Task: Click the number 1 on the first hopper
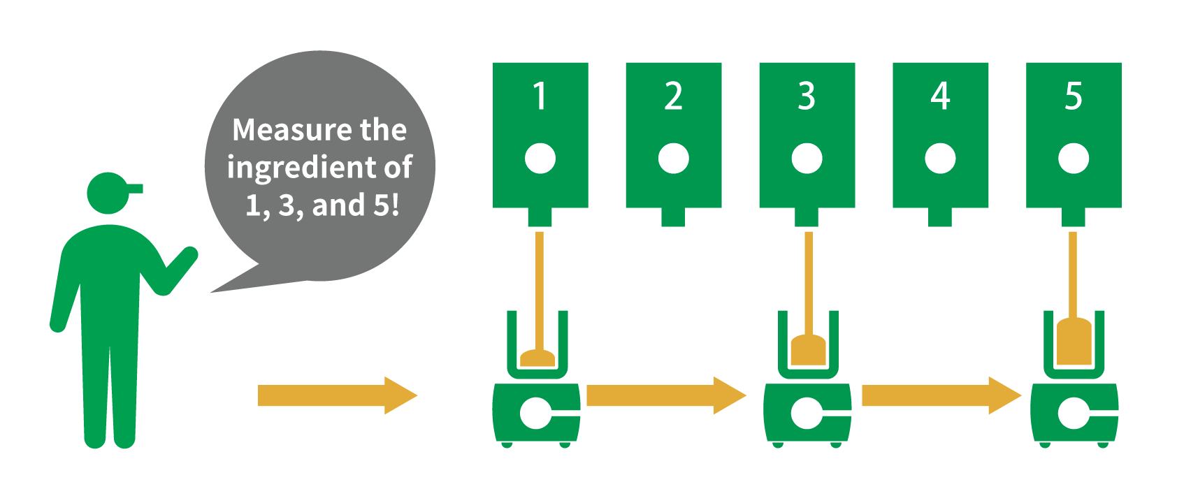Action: (x=539, y=96)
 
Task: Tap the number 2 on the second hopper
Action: (x=673, y=96)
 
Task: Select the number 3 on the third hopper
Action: (x=807, y=96)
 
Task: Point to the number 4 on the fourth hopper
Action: (x=940, y=96)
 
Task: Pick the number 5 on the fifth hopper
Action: (x=1074, y=96)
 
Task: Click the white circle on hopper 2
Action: (x=673, y=159)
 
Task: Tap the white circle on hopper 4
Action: (x=940, y=159)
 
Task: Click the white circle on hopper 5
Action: (x=1074, y=159)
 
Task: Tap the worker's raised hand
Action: (x=187, y=256)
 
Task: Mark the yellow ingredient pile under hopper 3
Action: (x=808, y=350)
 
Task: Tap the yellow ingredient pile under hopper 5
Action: (x=1074, y=342)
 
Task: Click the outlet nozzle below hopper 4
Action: (x=940, y=217)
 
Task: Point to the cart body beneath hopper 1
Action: (x=537, y=413)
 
